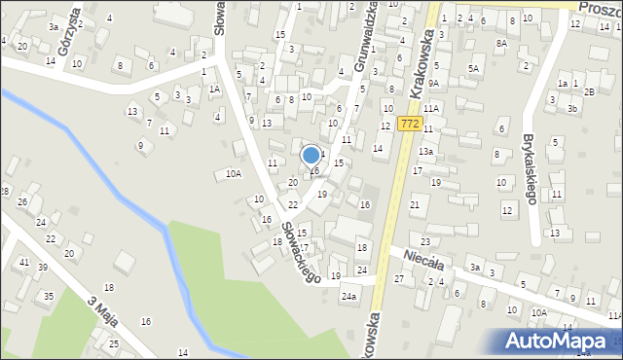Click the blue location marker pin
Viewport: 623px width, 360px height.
click(311, 156)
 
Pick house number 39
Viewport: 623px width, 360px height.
click(43, 268)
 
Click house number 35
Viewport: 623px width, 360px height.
click(48, 296)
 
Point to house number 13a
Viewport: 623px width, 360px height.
click(425, 152)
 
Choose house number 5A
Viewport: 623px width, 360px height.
click(473, 69)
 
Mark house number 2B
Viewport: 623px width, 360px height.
click(589, 91)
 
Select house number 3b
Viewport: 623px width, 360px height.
click(572, 109)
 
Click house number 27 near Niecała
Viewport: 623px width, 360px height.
click(398, 279)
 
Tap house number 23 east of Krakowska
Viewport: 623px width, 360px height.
click(425, 240)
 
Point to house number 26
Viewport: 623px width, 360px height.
click(21, 201)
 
